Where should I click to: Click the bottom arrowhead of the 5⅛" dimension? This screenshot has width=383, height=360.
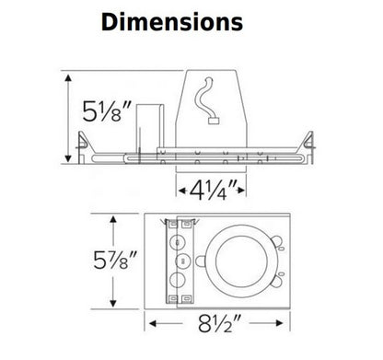click(x=69, y=148)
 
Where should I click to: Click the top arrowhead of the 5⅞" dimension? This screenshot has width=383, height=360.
click(x=113, y=218)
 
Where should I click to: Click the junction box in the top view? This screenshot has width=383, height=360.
click(x=180, y=261)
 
